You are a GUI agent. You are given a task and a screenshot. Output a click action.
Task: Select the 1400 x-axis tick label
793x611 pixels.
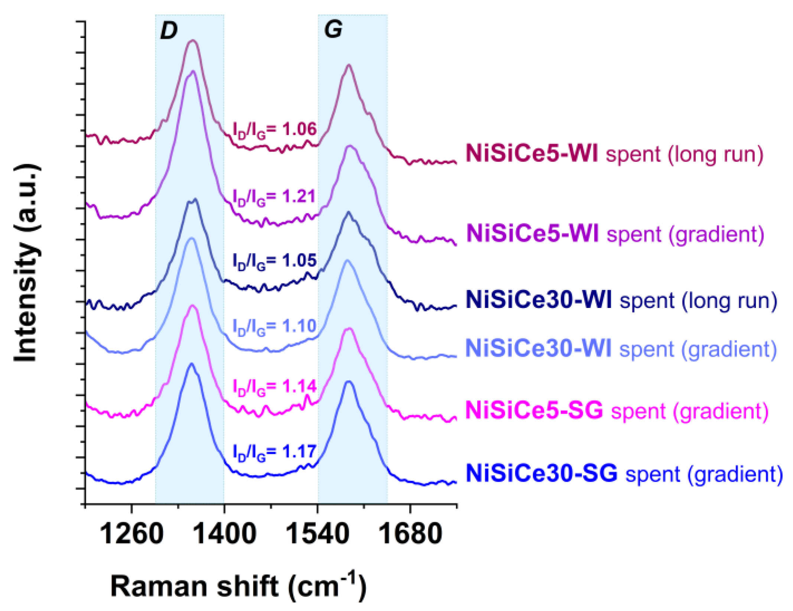coord(224,534)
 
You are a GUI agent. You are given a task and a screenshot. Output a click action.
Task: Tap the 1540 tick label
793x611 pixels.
coord(318,534)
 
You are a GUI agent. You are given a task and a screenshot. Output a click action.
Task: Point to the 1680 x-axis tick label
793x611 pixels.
coord(410,534)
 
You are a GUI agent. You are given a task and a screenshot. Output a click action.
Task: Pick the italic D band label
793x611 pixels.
coord(169,30)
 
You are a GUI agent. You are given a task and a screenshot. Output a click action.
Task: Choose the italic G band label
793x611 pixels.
coord(333,29)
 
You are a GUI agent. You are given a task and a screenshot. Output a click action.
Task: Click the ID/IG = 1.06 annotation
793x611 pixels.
coord(274,130)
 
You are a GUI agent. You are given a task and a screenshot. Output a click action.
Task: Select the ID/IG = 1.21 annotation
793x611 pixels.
coord(274,197)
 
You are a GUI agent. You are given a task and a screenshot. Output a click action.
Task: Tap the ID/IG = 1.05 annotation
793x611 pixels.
coord(274,261)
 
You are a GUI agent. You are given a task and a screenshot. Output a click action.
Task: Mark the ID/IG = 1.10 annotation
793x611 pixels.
coord(274,327)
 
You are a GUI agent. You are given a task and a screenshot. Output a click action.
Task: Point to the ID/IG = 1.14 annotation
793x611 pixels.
coord(274,387)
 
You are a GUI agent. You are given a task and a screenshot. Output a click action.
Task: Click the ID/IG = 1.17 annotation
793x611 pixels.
coord(274,452)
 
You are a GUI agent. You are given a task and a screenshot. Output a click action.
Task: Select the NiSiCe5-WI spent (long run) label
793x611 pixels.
coord(614,154)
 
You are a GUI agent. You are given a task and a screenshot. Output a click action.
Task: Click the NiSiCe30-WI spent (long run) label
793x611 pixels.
coord(621,300)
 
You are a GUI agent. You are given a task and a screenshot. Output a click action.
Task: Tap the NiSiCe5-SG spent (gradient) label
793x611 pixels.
coord(617,411)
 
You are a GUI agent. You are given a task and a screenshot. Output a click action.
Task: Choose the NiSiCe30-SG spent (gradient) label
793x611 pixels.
coord(624,474)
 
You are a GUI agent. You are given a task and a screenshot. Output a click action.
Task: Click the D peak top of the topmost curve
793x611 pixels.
coord(192,40)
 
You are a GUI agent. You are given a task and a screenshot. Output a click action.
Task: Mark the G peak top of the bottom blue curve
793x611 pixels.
coord(348,381)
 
